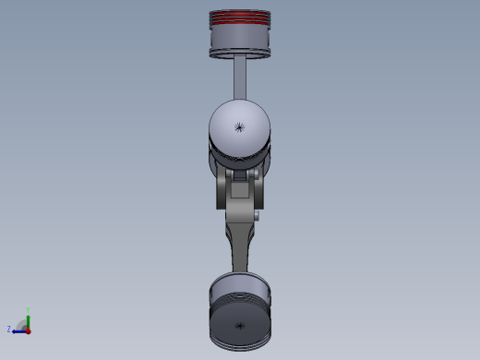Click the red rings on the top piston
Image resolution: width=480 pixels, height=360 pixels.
click(x=241, y=18)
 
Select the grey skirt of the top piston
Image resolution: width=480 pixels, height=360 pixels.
click(x=241, y=38)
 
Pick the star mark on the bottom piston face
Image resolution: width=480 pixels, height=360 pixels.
click(x=241, y=326)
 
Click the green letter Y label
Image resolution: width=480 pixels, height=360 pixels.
click(x=29, y=310)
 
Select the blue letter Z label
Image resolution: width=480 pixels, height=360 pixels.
click(x=9, y=329)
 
